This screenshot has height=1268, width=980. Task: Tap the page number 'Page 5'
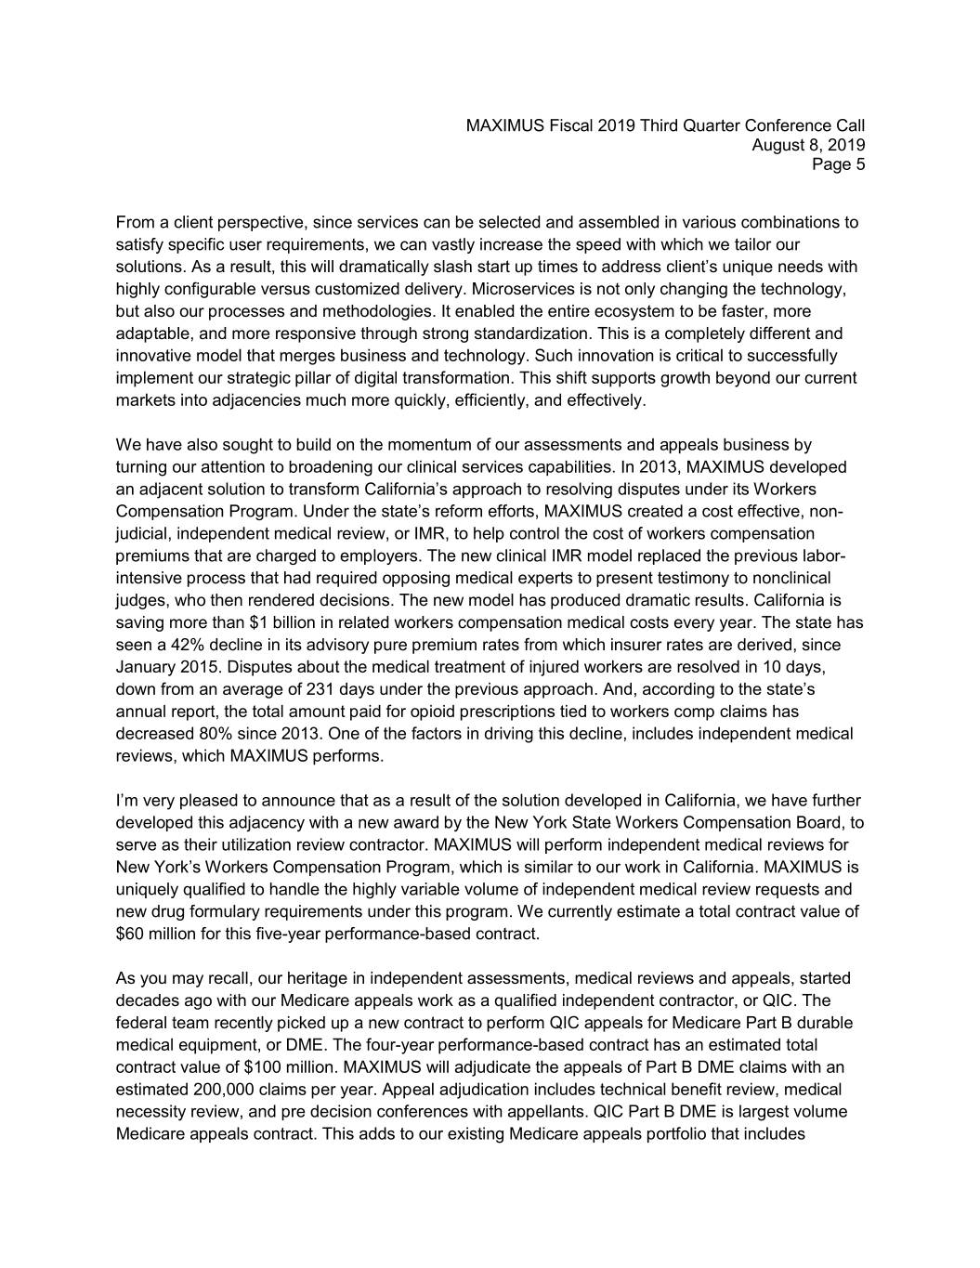[x=838, y=165]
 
